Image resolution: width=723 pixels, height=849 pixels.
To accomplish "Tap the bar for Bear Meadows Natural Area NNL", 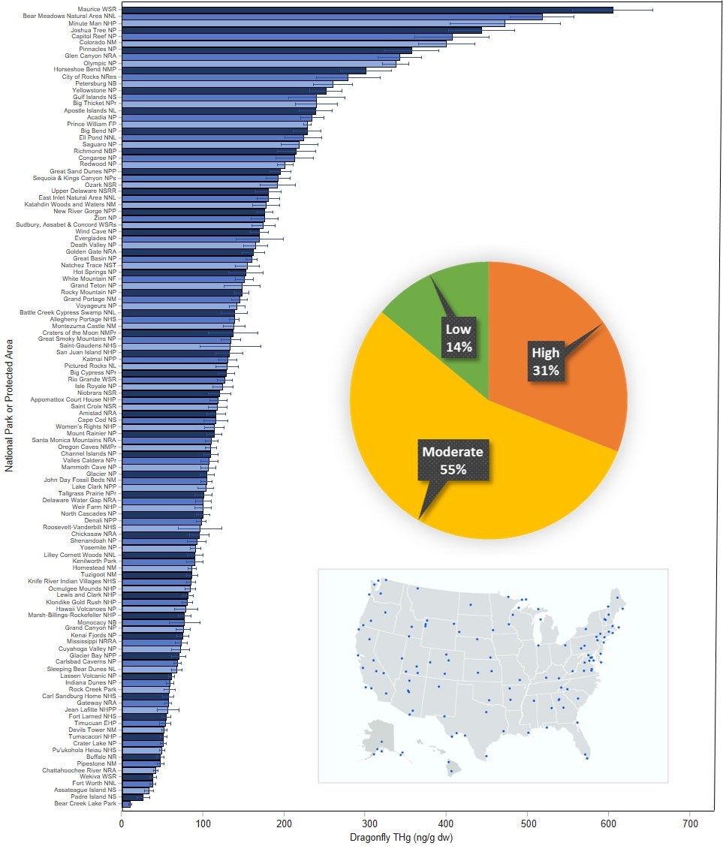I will (x=330, y=17).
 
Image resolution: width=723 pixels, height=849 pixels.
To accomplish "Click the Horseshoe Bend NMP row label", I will (x=85, y=70).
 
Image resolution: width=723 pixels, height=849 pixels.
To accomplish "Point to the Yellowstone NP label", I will (x=94, y=90).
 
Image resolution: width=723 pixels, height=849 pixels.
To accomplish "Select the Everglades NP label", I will (x=95, y=238).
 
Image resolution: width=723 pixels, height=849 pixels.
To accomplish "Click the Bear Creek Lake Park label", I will (x=86, y=803).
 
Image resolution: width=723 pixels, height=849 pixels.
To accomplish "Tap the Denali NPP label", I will (x=100, y=519).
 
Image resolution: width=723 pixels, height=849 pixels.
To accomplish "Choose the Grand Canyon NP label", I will (x=90, y=628).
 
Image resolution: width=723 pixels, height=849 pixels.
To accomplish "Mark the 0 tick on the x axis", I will (x=122, y=823).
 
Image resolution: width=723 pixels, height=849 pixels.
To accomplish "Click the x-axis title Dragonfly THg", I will (x=405, y=837).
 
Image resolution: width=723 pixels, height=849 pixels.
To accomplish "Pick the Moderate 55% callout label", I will (x=453, y=460).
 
